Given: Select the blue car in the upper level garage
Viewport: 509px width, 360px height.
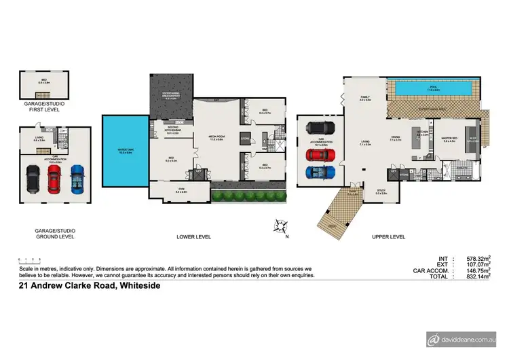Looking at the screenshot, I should click(x=320, y=170).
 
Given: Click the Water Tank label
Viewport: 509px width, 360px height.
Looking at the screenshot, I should click(x=125, y=151).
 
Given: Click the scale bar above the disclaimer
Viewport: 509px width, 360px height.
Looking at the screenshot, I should click(x=30, y=260).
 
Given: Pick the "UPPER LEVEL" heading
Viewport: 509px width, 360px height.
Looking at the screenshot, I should click(x=388, y=237).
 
